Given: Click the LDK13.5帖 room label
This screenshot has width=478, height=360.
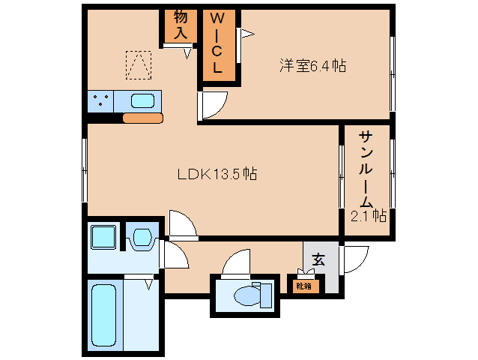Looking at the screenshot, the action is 217,174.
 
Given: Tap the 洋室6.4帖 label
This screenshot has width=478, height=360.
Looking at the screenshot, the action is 312,65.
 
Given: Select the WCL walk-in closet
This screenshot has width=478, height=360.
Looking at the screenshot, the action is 220,45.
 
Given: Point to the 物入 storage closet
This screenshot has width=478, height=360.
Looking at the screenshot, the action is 181,26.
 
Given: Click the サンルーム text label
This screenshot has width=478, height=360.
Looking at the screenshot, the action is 366,169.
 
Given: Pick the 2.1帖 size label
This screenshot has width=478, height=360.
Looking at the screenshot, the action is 369,216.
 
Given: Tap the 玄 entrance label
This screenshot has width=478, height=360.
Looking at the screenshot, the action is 318,259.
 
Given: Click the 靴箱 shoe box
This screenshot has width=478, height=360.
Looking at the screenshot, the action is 304,286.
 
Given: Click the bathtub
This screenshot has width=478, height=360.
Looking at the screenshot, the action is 104,316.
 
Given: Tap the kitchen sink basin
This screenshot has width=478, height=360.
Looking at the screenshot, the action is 142,101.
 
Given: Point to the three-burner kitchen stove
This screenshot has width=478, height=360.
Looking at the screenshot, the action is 100,101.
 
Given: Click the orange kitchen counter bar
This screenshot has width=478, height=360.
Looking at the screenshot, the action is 142,118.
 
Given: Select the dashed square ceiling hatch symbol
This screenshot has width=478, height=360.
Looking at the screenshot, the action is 139,65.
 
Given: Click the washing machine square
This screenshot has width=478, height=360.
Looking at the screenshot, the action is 104,237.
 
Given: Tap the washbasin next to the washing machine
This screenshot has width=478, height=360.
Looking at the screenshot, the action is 142,237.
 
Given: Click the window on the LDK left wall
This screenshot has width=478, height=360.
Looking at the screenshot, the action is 85,170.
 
